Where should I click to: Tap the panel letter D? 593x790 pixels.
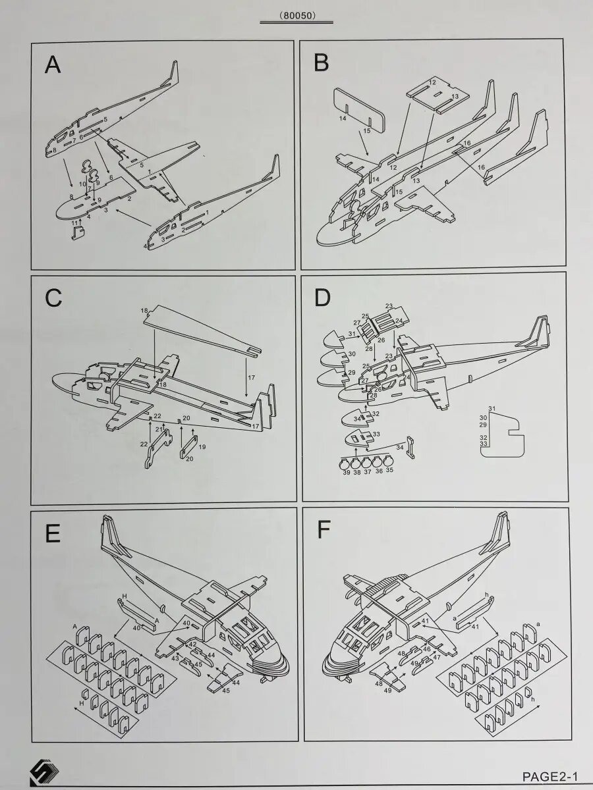322,298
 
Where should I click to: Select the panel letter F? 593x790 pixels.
322,531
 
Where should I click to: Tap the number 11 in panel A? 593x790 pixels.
74,224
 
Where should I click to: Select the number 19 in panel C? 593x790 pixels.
202,447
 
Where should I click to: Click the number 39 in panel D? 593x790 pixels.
345,471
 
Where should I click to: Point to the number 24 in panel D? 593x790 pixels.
399,321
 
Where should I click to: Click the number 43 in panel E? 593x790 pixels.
175,658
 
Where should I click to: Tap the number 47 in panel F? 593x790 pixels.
436,657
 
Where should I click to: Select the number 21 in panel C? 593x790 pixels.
158,429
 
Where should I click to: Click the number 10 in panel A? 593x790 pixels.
83,184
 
